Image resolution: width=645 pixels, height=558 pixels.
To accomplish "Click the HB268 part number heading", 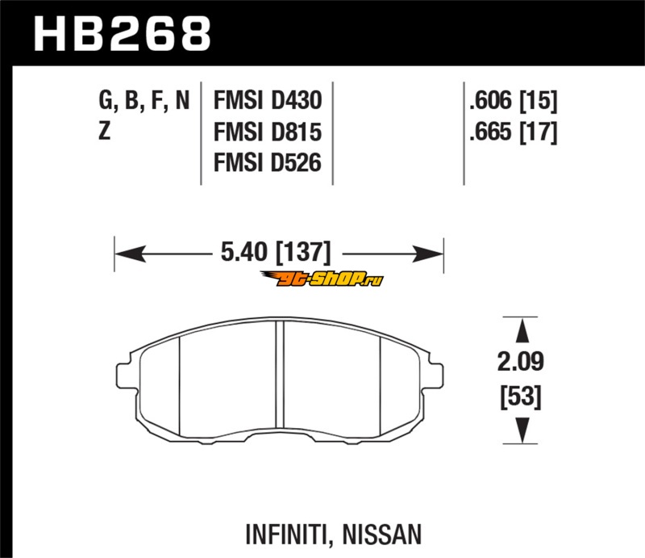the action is click(123, 33).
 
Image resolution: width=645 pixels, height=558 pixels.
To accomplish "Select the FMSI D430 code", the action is click(268, 101).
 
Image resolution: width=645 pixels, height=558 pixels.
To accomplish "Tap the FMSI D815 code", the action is click(268, 132).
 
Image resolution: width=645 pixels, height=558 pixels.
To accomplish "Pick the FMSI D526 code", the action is click(268, 163).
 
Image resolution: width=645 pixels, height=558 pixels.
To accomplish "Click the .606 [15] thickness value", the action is click(513, 101).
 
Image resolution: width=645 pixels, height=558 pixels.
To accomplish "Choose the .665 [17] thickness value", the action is click(513, 132).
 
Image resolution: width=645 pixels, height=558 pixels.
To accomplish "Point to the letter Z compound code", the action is click(105, 131).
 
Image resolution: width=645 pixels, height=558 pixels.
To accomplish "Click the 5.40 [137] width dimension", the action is click(276, 253).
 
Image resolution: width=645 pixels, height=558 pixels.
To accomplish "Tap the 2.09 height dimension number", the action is click(520, 362).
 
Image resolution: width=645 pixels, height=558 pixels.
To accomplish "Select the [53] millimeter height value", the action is click(521, 396).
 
